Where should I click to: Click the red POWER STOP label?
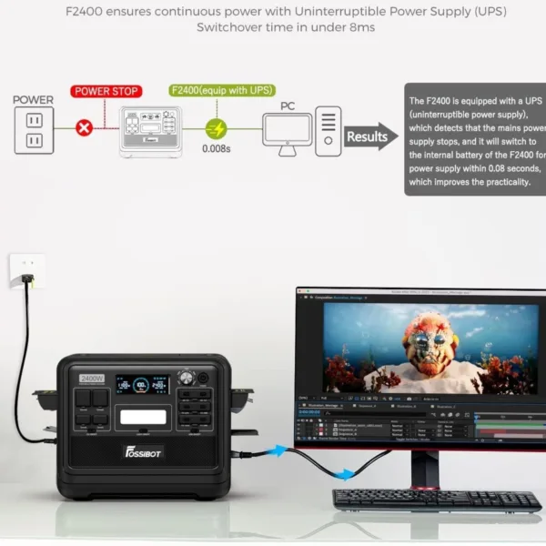tap(106, 91)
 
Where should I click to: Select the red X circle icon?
tap(85, 128)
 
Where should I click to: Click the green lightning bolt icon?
tap(215, 128)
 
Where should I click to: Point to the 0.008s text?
tap(216, 148)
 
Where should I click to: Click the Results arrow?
tap(371, 136)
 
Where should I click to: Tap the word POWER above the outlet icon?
tap(33, 100)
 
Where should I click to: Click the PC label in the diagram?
tap(288, 106)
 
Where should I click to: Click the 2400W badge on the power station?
tap(92, 378)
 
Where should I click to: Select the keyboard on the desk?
tap(436, 500)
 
